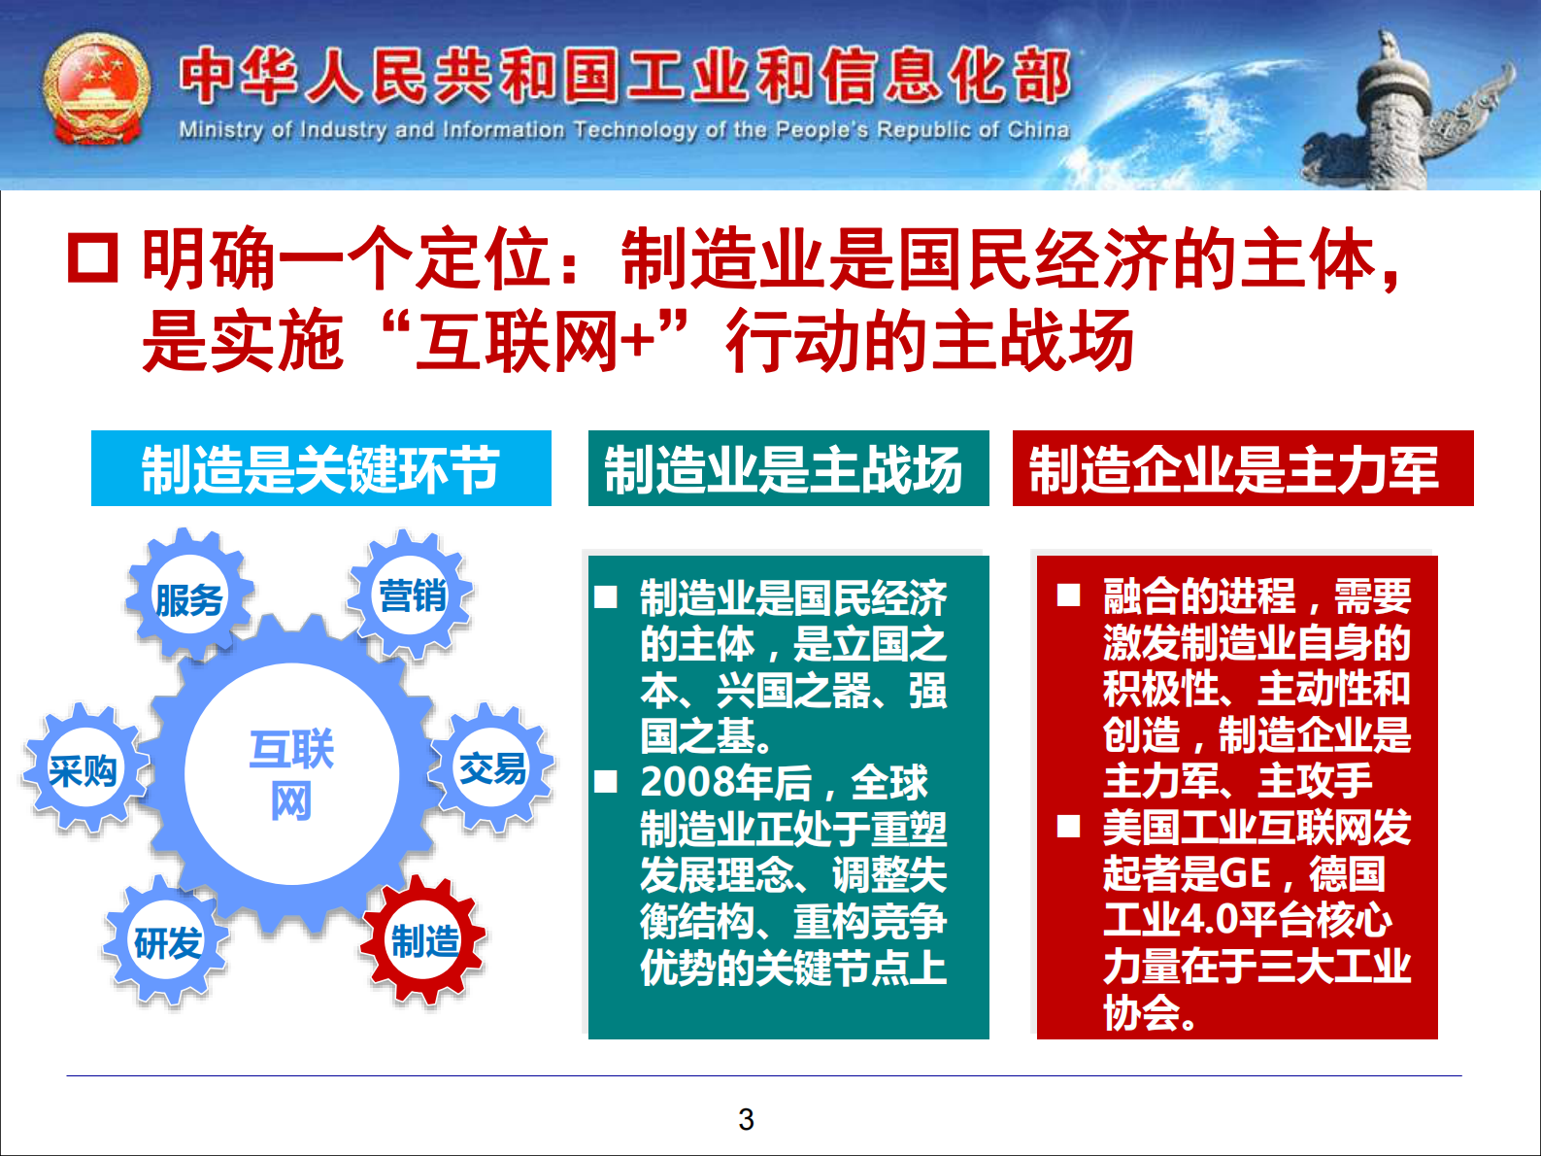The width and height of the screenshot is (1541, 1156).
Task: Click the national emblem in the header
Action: (x=97, y=90)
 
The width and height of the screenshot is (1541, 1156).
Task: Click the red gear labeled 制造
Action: (x=423, y=940)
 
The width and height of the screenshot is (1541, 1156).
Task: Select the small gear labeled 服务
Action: (x=189, y=598)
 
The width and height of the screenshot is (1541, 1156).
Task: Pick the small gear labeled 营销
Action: (x=412, y=595)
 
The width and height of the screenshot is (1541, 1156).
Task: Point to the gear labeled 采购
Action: (x=84, y=770)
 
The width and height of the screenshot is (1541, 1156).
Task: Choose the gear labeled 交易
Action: (x=492, y=768)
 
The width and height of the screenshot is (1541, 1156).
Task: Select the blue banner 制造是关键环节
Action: (x=320, y=468)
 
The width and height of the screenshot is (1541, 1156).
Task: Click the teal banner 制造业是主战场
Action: (x=787, y=468)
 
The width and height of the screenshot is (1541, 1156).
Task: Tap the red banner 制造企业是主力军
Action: (x=1242, y=468)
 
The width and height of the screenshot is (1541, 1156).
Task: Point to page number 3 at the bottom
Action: (x=746, y=1119)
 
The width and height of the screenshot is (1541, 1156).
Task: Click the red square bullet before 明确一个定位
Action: (x=92, y=258)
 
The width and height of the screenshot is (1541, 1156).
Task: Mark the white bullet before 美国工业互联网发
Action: (x=1068, y=827)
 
